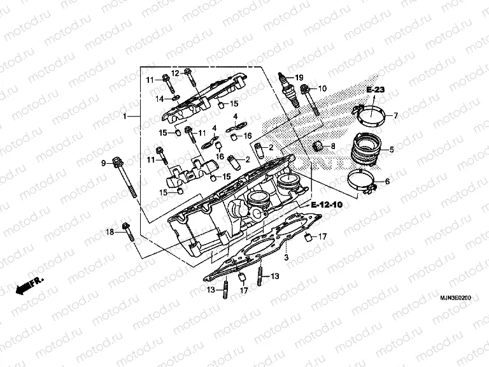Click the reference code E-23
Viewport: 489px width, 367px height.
tap(376, 91)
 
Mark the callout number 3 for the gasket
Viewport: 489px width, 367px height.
tap(287, 257)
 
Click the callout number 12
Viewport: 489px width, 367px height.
tap(175, 73)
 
